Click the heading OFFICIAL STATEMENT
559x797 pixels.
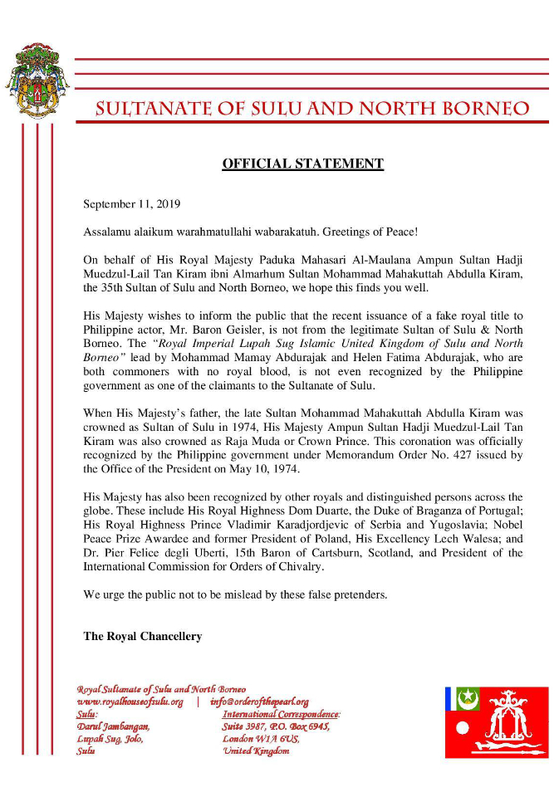pos(302,164)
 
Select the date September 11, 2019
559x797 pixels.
pos(132,203)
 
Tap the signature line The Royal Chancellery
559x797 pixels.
pos(142,637)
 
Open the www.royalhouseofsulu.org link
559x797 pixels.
pos(130,702)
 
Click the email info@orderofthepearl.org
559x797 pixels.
pos(260,702)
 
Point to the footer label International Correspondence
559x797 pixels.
pos(281,714)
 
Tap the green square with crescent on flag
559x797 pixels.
pos(470,698)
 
